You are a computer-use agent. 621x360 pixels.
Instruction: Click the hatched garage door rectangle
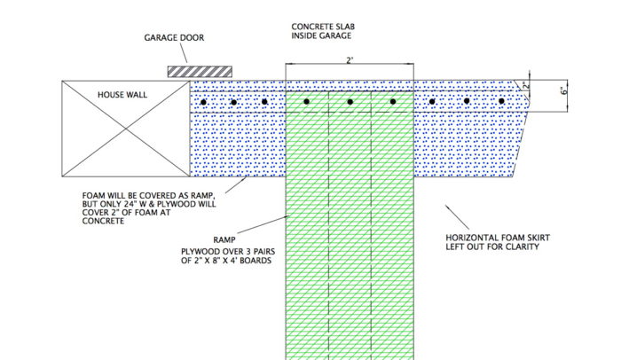[x=199, y=69]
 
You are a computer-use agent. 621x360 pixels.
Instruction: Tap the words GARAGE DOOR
[x=174, y=38]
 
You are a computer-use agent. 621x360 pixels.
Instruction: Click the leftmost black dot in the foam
[x=203, y=103]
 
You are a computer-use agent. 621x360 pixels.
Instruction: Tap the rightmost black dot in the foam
[x=502, y=102]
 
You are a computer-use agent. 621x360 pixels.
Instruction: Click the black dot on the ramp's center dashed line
[x=350, y=103]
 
